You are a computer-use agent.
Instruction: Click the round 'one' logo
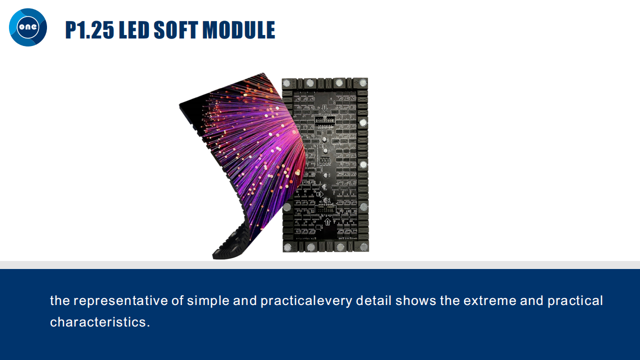point(28,27)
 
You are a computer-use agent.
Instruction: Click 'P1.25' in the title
point(89,29)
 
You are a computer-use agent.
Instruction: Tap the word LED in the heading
point(134,29)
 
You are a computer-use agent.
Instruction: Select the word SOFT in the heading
point(175,29)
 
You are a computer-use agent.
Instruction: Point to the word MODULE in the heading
point(239,29)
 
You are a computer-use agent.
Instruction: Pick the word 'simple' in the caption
point(208,301)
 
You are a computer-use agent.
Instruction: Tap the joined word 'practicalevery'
point(306,301)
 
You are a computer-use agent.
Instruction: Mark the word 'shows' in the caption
point(415,300)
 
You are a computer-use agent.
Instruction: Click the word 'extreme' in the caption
point(489,301)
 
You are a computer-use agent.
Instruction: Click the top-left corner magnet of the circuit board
point(286,83)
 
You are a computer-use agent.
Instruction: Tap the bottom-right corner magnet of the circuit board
point(363,246)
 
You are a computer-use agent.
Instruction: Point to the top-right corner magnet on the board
point(363,83)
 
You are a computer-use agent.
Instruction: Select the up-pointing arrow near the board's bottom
point(327,221)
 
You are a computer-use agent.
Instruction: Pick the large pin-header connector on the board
point(325,120)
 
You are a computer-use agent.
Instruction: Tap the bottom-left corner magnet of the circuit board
point(287,247)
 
